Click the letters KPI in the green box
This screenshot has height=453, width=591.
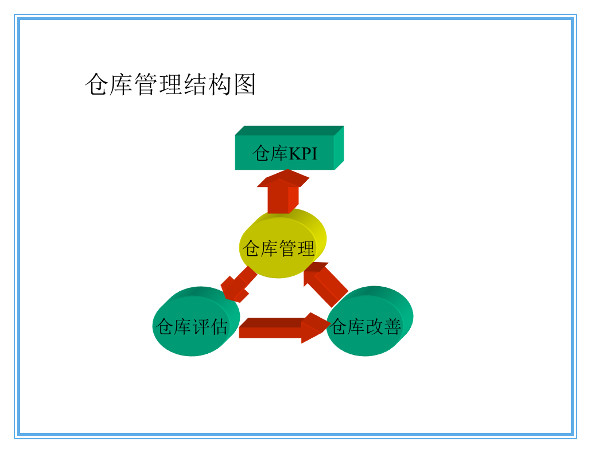302,154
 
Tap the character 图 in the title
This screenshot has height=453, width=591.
244,85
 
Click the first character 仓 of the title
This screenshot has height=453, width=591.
96,85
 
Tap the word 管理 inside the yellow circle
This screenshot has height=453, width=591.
297,249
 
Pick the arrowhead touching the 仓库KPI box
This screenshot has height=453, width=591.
283,178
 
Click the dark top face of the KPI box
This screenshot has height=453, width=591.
290,131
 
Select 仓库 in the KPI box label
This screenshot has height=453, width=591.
270,154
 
